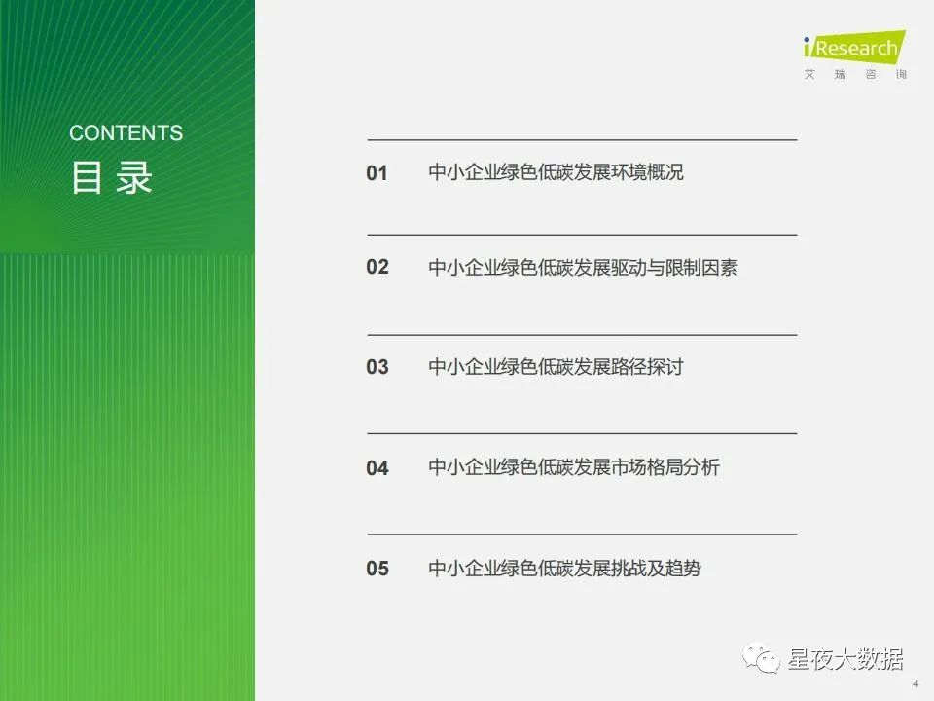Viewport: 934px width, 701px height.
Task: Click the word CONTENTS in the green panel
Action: click(126, 132)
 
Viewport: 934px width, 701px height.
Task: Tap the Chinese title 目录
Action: click(111, 177)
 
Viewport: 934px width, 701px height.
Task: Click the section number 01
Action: click(377, 173)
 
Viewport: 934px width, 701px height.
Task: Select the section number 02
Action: click(377, 267)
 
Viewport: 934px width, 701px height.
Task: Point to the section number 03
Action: click(377, 367)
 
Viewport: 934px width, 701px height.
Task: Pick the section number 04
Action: click(377, 468)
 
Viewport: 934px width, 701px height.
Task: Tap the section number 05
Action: click(377, 568)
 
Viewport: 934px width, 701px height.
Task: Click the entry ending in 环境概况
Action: click(556, 172)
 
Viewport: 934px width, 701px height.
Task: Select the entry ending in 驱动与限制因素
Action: click(583, 267)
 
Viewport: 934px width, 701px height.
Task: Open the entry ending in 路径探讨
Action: click(556, 367)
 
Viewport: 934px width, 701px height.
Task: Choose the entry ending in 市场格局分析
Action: click(574, 466)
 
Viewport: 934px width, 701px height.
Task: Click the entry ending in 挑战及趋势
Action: click(564, 568)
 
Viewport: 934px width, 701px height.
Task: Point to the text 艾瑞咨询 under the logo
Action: click(855, 75)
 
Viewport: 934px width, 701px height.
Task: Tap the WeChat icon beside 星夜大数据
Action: click(761, 658)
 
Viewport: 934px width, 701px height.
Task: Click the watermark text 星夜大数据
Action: click(845, 659)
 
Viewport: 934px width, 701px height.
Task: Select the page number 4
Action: click(916, 683)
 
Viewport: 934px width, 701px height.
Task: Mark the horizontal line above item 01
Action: click(582, 140)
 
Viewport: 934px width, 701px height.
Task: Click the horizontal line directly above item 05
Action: click(582, 535)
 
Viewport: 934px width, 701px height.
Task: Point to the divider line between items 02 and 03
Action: click(582, 335)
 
